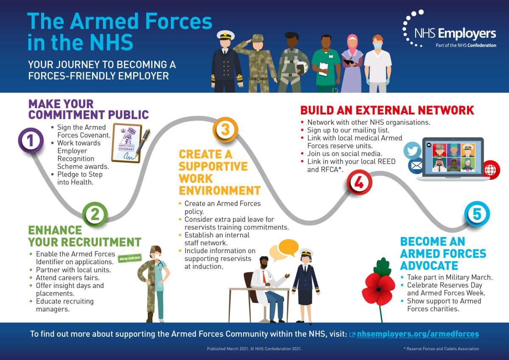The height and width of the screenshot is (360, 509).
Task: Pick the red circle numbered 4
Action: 359,183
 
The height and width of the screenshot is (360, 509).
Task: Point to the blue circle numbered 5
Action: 477,214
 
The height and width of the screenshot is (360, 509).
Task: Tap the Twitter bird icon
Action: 412,151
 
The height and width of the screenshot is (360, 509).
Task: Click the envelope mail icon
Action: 416,166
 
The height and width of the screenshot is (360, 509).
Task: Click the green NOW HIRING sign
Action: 129,257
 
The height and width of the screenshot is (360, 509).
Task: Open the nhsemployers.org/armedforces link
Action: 417,334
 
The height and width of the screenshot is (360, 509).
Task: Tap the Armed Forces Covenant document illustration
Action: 127,142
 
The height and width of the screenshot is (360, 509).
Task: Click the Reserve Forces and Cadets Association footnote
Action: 441,349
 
